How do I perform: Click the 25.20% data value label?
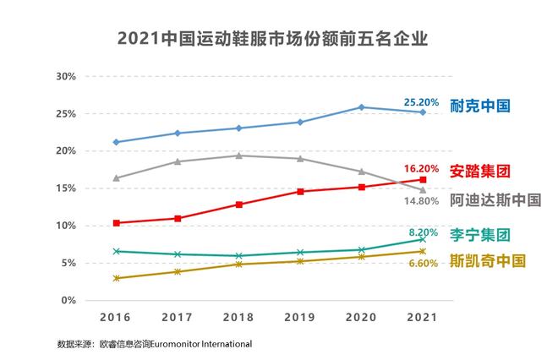point(421,102)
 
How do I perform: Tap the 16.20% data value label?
point(421,169)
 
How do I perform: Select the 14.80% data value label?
point(421,201)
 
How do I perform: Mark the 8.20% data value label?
point(424,232)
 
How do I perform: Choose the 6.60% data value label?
point(424,263)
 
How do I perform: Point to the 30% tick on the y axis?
point(65,76)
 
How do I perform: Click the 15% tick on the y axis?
point(65,188)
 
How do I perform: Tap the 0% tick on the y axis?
point(68,300)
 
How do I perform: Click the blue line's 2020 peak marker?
point(361,107)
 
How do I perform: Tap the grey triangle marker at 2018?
point(238,155)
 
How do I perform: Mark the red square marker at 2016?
point(115,223)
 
